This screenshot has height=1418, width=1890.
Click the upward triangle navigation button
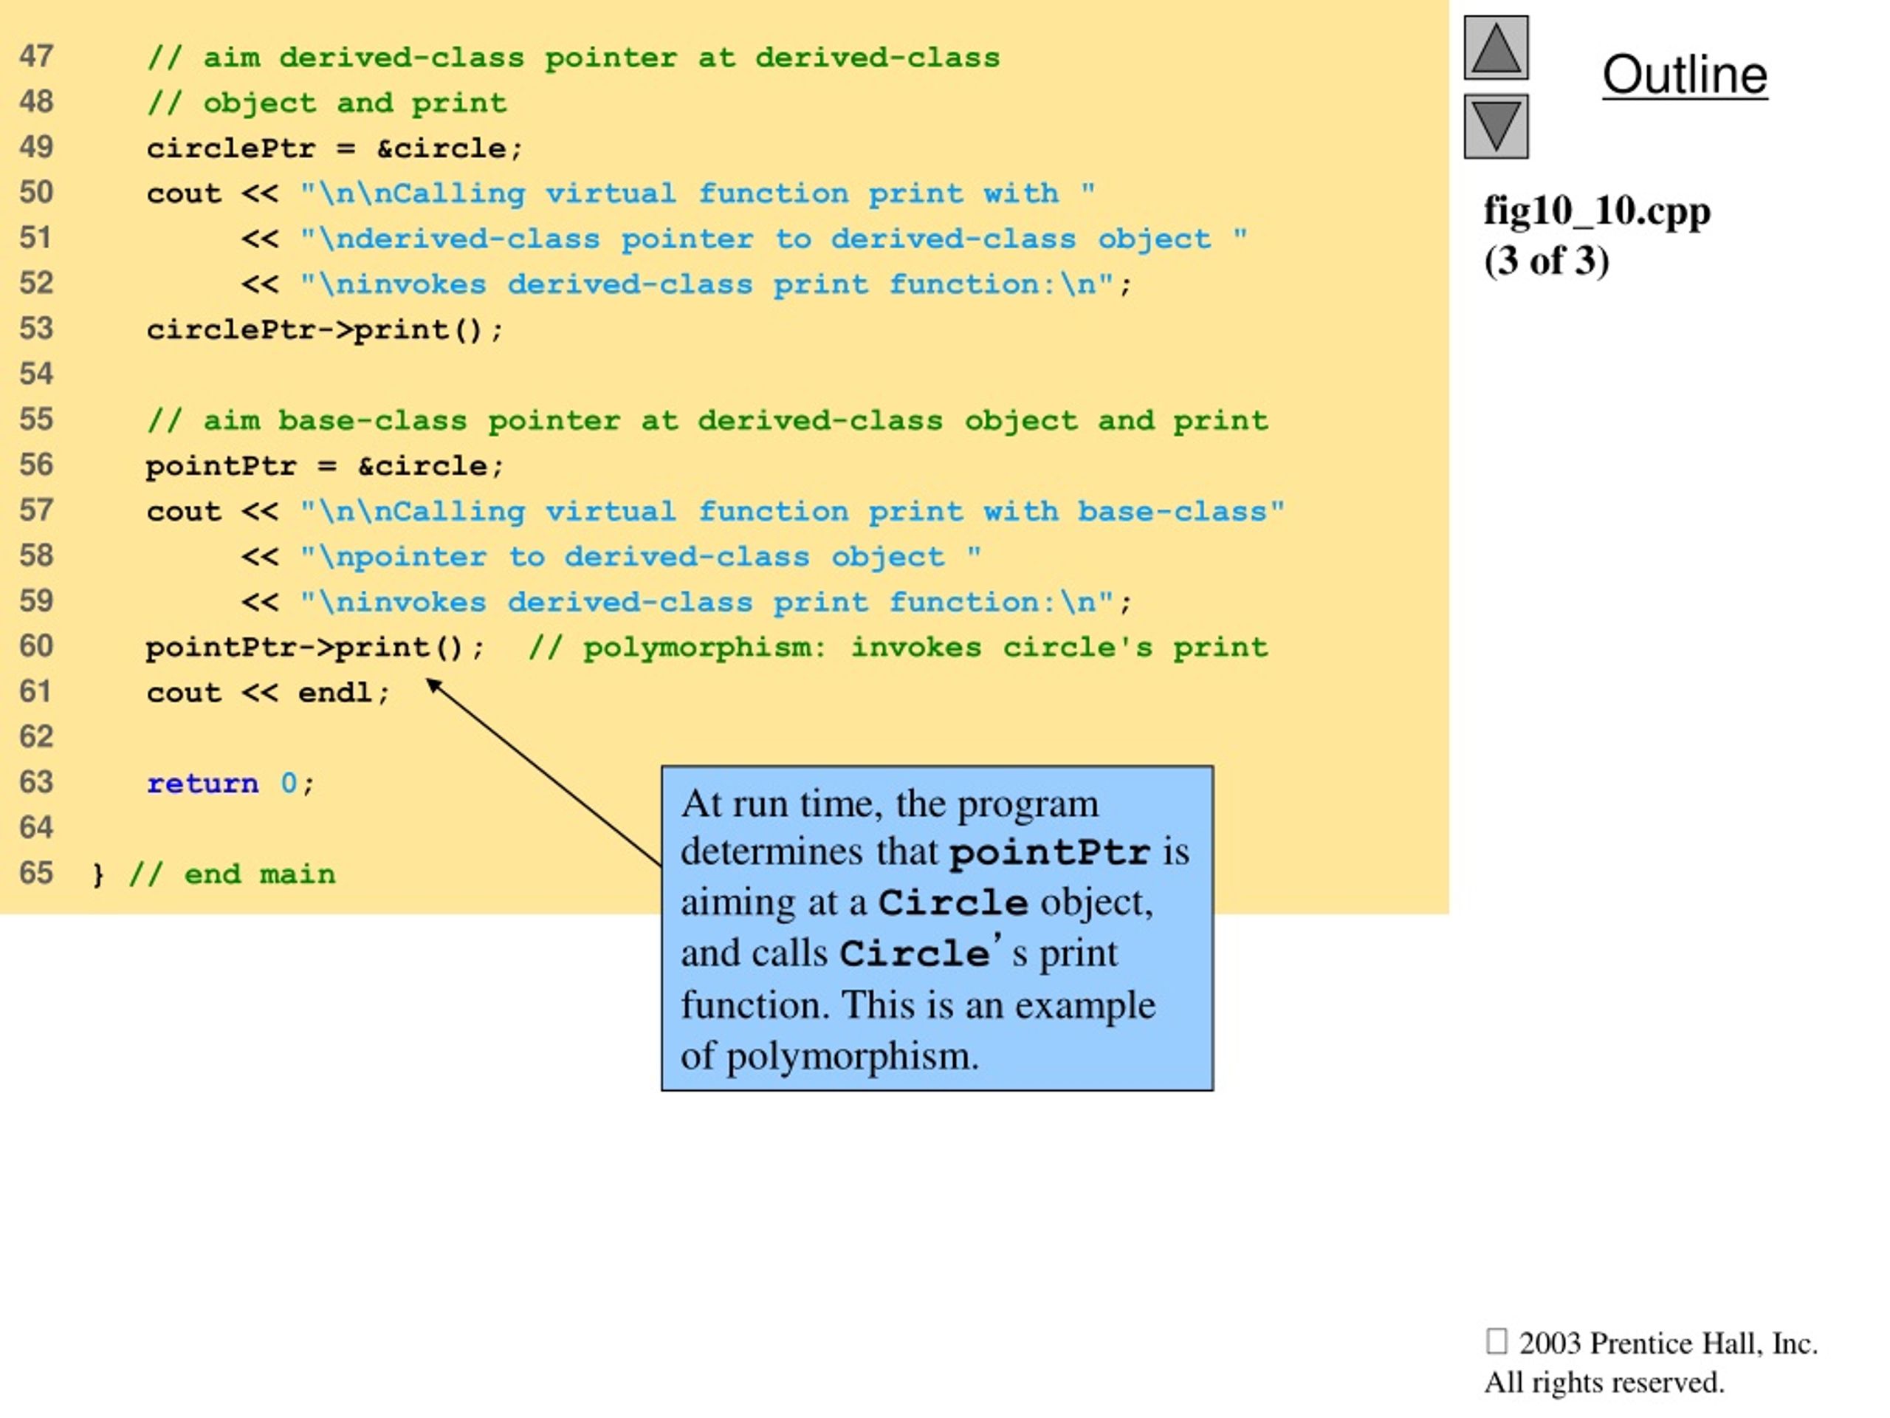point(1496,48)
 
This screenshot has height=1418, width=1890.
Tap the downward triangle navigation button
point(1496,126)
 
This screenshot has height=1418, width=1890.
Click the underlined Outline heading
point(1684,75)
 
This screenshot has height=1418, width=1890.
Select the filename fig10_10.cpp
point(1597,211)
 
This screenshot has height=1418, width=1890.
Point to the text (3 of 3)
point(1547,260)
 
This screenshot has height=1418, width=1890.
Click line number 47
point(36,56)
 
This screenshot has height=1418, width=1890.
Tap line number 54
point(36,374)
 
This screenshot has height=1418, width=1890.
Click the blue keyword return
point(202,783)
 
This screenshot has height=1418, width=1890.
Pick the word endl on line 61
point(335,692)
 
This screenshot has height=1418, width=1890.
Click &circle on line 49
point(441,148)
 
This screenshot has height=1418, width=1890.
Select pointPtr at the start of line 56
point(221,467)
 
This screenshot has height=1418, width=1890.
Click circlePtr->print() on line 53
point(316,330)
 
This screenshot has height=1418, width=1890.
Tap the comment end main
point(260,874)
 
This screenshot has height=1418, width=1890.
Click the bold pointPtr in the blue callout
point(1050,852)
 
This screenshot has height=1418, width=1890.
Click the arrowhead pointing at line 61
point(433,685)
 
